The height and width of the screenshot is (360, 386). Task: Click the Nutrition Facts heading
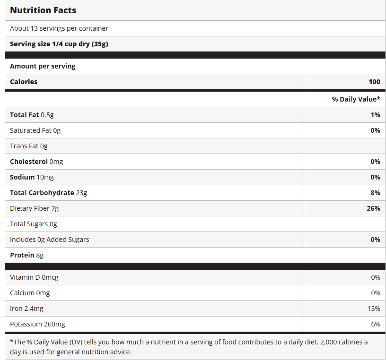click(x=43, y=10)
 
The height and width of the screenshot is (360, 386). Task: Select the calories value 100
click(x=374, y=82)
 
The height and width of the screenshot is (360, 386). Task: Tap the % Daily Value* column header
click(x=356, y=99)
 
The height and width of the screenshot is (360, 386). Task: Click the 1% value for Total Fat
click(x=375, y=115)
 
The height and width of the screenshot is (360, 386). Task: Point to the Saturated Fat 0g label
click(x=35, y=130)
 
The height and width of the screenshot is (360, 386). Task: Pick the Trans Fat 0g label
click(x=29, y=146)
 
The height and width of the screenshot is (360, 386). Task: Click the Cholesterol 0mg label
click(x=36, y=162)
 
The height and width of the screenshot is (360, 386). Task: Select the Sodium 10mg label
click(x=32, y=177)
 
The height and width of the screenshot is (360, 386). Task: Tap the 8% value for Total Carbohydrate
click(x=375, y=193)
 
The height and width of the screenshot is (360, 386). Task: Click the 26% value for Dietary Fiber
click(x=373, y=208)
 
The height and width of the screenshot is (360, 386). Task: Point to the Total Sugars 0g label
click(x=34, y=224)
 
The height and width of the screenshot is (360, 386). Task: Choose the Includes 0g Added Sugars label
click(x=50, y=240)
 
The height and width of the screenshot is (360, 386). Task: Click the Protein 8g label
click(x=26, y=255)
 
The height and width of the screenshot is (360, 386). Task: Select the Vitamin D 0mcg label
click(x=34, y=277)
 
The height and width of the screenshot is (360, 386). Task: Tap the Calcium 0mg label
click(x=30, y=293)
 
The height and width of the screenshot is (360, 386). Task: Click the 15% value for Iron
click(x=374, y=309)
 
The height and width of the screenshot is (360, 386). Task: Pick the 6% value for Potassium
click(x=376, y=324)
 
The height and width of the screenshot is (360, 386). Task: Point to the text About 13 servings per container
click(x=59, y=28)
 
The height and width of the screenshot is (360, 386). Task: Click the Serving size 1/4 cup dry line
click(x=60, y=44)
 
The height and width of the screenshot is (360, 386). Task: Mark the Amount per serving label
click(x=43, y=66)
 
